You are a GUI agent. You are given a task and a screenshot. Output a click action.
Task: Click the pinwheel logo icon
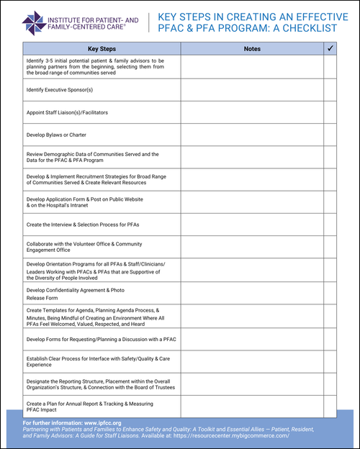click(x=32, y=22)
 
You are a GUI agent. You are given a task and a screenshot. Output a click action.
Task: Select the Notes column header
click(x=252, y=48)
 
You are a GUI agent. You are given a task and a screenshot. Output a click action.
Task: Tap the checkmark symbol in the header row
click(x=330, y=48)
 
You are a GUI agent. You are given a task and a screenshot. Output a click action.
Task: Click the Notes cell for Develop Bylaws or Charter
click(x=252, y=135)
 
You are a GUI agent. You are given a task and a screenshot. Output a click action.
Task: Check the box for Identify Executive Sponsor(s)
click(x=330, y=90)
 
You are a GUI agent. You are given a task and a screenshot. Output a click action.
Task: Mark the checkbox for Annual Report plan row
click(x=330, y=407)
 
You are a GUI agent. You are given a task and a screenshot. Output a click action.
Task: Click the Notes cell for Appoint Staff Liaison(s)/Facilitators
click(x=252, y=112)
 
